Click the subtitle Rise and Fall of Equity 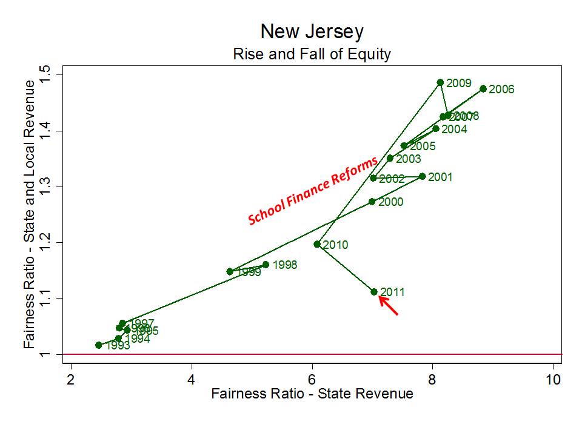pyautogui.click(x=312, y=54)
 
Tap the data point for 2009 pyautogui.click(x=441, y=82)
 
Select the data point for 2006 pyautogui.click(x=483, y=88)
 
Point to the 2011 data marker pyautogui.click(x=374, y=292)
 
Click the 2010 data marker pyautogui.click(x=317, y=244)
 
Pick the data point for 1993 pyautogui.click(x=99, y=345)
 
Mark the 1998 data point pyautogui.click(x=266, y=265)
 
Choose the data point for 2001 pyautogui.click(x=423, y=176)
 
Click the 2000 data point pyautogui.click(x=372, y=202)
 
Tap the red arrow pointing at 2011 pyautogui.click(x=388, y=305)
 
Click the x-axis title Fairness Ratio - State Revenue pyautogui.click(x=312, y=394)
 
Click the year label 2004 pyautogui.click(x=454, y=129)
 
